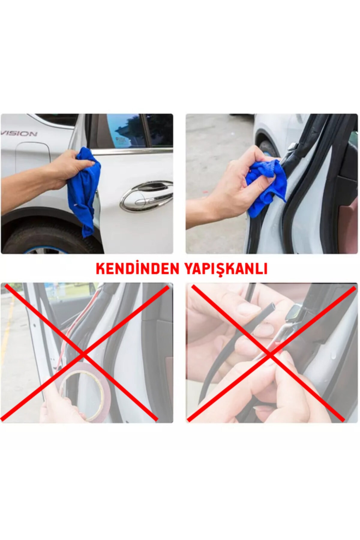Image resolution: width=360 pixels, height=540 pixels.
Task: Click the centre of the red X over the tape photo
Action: tap(82, 354)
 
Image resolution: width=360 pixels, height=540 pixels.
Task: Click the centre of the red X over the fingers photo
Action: tap(268, 354)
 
